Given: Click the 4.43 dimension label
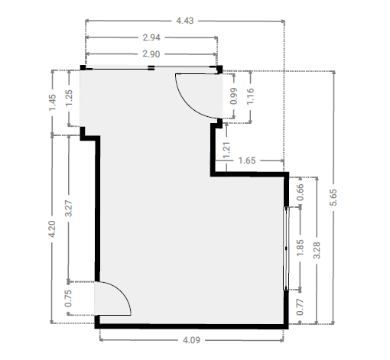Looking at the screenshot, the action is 185,21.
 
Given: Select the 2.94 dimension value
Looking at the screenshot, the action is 151,37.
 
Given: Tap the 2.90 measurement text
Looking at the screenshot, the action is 151,54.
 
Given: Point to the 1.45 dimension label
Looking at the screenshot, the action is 52,102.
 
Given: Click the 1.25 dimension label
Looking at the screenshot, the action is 69,98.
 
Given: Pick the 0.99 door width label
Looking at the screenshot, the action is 233,96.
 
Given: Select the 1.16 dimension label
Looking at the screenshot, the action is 250,96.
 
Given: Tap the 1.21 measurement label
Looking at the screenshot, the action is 226,151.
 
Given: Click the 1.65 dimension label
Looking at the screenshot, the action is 247,161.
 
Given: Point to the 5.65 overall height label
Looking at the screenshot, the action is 333,197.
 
